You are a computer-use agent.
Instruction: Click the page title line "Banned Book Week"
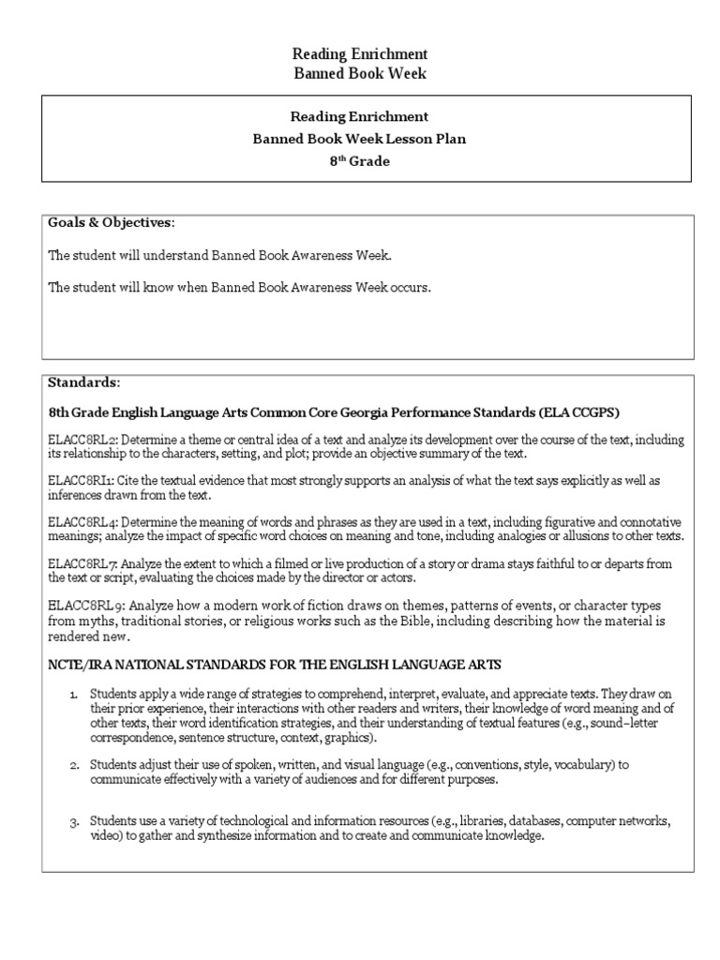(361, 74)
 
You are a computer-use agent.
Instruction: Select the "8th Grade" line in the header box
(361, 160)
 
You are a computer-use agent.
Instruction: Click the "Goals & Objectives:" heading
(112, 222)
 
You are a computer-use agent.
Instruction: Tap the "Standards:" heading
(84, 382)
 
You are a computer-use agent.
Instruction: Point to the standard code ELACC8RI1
(82, 480)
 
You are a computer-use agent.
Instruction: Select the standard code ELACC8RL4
(83, 521)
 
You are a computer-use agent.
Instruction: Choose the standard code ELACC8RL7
(83, 564)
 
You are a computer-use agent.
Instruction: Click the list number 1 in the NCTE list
(75, 693)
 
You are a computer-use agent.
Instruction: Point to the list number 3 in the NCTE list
(75, 822)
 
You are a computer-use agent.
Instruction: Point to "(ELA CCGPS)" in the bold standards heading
(588, 412)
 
